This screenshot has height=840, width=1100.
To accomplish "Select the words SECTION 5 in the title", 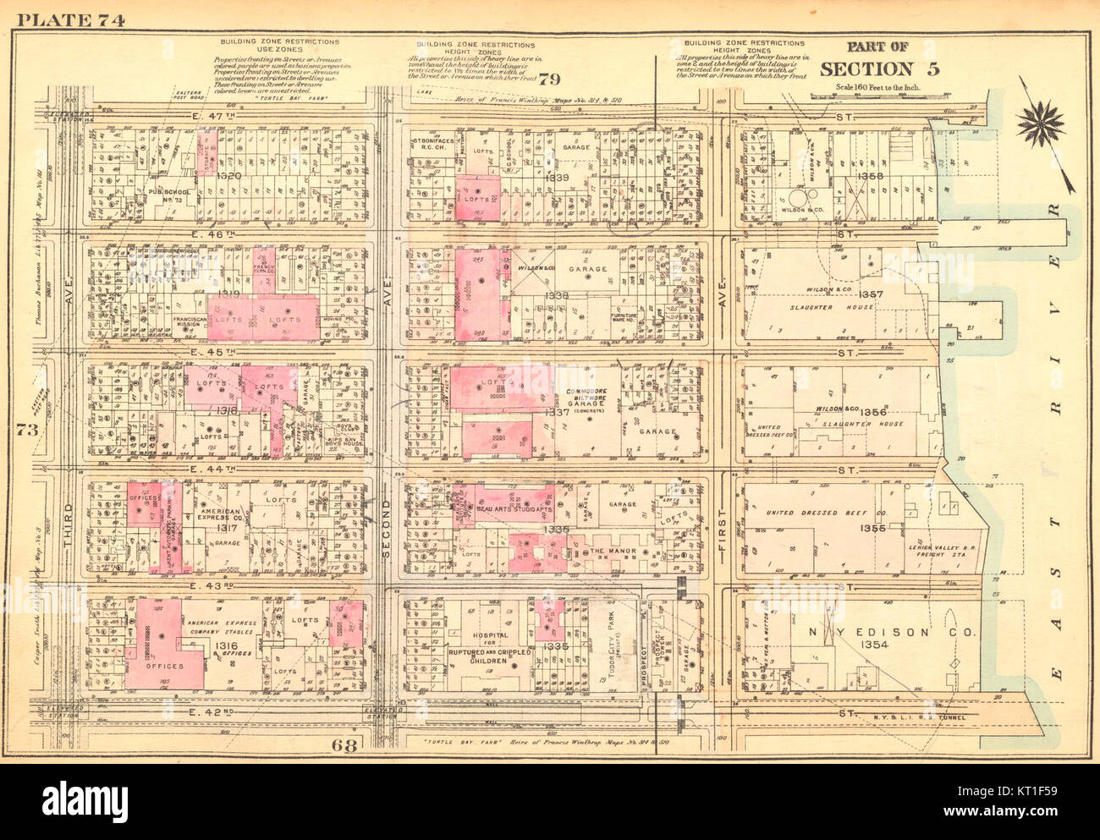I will (x=880, y=69).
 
